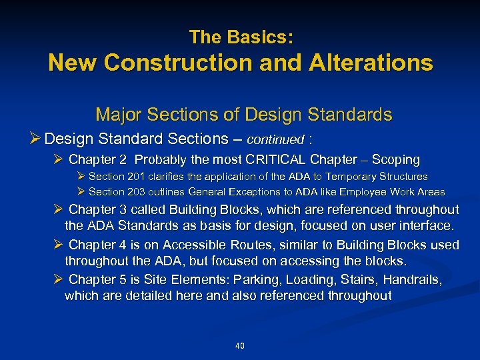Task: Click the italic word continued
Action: coord(275,140)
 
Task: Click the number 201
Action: coord(136,177)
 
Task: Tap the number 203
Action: coord(136,192)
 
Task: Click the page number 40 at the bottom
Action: coord(240,345)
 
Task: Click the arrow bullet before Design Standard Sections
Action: coord(37,139)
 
